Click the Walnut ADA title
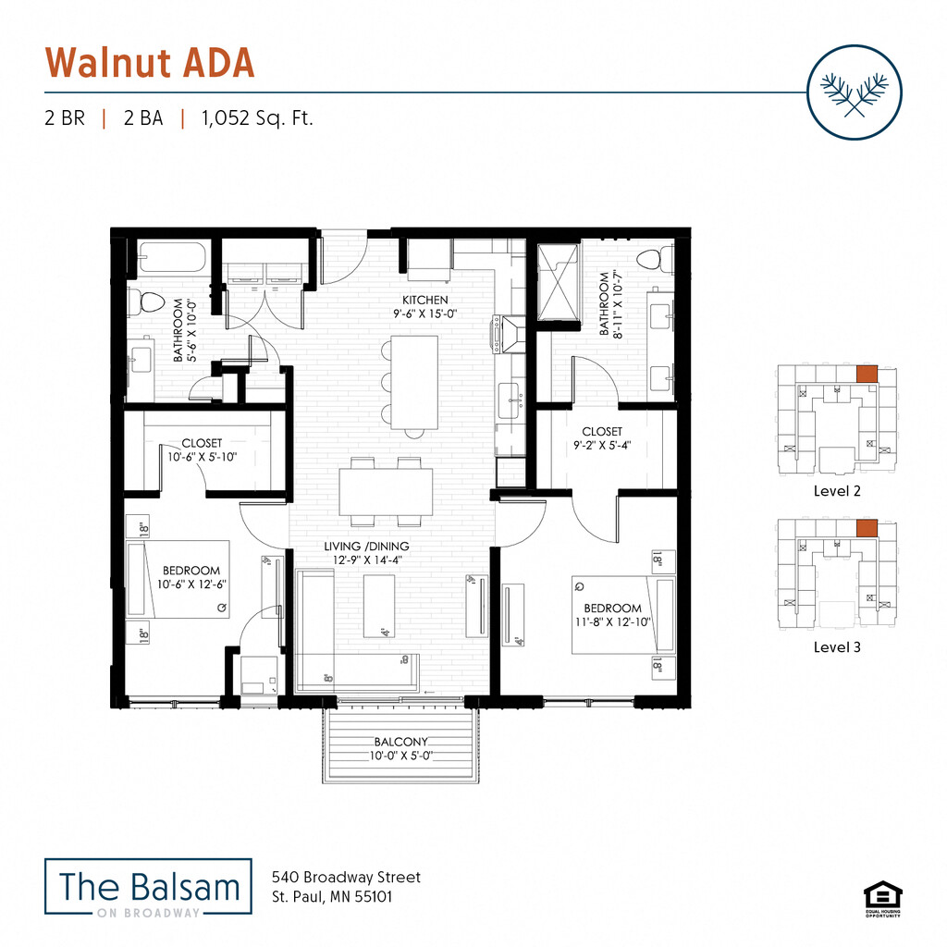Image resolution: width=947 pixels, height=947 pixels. (x=150, y=62)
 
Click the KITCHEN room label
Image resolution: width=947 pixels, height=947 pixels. (x=424, y=300)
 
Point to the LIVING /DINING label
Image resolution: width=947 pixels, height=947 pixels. (x=366, y=546)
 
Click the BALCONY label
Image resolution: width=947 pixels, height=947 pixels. (x=401, y=742)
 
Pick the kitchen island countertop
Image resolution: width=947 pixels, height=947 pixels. (x=413, y=382)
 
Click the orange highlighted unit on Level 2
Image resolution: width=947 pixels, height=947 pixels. (x=867, y=374)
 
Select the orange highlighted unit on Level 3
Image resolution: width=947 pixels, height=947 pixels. (x=867, y=528)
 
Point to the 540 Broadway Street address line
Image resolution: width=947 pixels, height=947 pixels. (x=346, y=877)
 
